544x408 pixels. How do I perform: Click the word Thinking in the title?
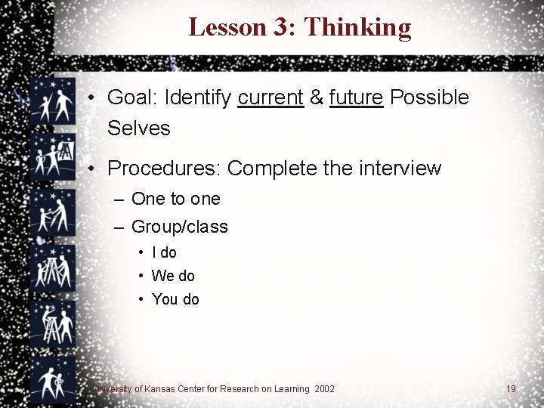(357, 28)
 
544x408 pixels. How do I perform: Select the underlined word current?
(270, 97)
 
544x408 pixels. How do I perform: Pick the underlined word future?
(357, 97)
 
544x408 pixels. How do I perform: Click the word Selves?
(139, 128)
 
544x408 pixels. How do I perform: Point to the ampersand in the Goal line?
(317, 97)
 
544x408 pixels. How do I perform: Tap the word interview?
(400, 168)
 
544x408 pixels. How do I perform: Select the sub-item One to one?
(175, 199)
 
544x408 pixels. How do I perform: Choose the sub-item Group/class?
(179, 227)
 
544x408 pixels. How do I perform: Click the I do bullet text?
(164, 253)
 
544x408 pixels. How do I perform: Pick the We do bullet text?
(173, 277)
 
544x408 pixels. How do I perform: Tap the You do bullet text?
(175, 300)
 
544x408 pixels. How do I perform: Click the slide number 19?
(512, 389)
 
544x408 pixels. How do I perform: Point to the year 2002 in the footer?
(324, 389)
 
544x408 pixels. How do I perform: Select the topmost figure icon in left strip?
(54, 102)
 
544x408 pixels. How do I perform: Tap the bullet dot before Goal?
(90, 98)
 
